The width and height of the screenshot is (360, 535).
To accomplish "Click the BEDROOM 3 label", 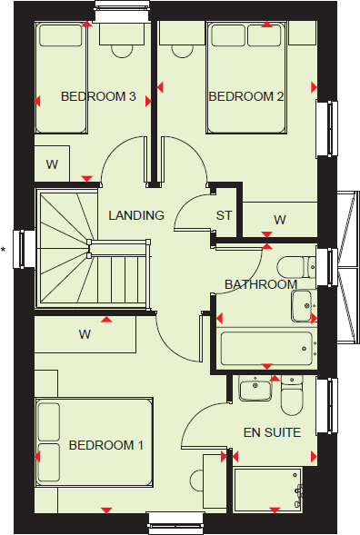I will [97, 96].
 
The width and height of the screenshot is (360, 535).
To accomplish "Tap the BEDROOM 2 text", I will [241, 96].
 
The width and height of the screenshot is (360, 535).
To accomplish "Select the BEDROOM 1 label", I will [106, 446].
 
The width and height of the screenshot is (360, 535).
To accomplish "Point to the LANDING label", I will [135, 215].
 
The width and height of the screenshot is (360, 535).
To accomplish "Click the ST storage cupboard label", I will [224, 215].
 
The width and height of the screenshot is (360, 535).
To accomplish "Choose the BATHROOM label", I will [261, 284].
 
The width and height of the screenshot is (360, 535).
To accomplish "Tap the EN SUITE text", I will [272, 433].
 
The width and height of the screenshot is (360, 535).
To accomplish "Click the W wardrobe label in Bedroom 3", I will [52, 164].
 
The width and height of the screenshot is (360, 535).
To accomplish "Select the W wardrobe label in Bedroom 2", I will [280, 219].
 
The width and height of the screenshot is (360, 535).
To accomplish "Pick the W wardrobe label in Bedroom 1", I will [85, 334].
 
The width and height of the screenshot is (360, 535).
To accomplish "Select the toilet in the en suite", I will [291, 396].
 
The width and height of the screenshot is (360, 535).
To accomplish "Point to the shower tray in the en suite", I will [268, 490].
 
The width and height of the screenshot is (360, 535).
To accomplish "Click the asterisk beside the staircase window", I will [5, 248].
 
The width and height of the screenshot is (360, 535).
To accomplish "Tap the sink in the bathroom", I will [303, 304].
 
